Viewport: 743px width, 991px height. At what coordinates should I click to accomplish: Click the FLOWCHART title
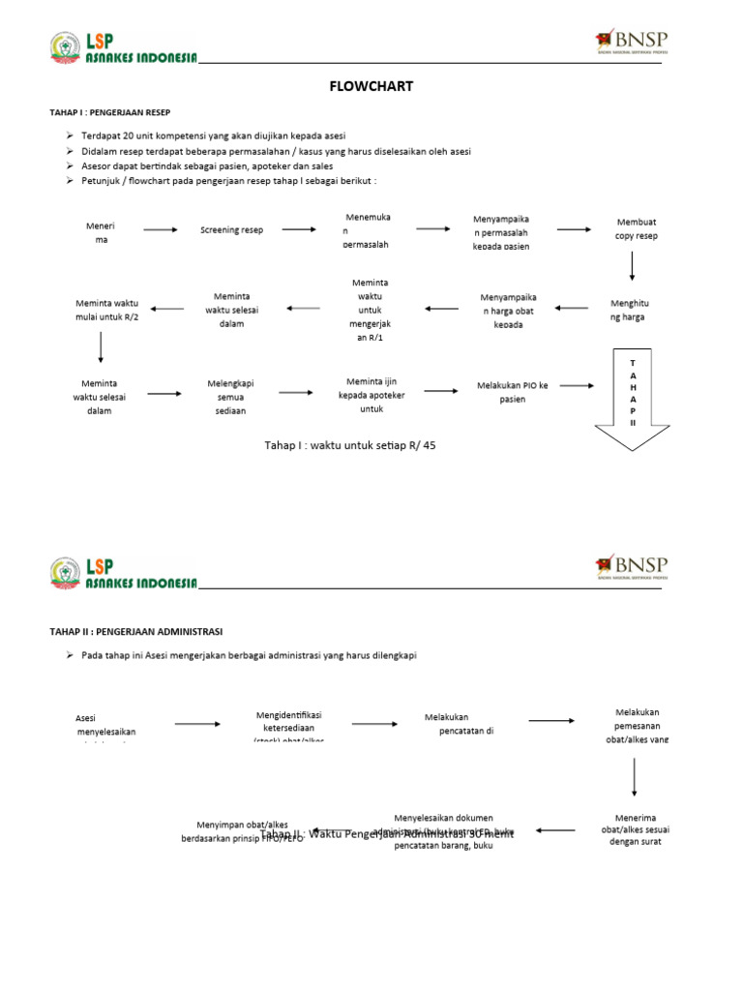tap(371, 86)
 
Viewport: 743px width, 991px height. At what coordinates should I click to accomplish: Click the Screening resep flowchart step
tap(231, 230)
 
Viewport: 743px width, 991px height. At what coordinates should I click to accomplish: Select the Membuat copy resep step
tap(636, 229)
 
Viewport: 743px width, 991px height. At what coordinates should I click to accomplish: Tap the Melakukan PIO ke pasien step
tap(513, 392)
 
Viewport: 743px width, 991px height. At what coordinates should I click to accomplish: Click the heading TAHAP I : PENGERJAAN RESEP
tap(109, 112)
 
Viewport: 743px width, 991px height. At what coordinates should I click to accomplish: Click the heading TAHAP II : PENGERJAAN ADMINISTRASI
tap(135, 631)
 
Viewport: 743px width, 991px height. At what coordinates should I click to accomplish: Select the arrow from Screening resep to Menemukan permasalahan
tap(299, 229)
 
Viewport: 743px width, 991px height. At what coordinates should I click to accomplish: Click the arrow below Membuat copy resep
tap(633, 265)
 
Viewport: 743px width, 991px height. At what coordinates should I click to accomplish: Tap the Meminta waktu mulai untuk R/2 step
tap(106, 310)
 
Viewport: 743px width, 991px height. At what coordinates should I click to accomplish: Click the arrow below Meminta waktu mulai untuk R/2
tap(101, 346)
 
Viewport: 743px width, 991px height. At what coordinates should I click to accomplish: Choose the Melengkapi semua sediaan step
tap(230, 397)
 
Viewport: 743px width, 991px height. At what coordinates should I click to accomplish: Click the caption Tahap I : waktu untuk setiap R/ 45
tap(358, 445)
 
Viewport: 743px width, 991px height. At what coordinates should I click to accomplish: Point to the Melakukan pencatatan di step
tap(459, 724)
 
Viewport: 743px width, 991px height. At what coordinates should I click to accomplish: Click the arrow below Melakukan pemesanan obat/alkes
tap(634, 776)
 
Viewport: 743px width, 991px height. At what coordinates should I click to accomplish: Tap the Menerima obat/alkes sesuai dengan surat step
tap(636, 829)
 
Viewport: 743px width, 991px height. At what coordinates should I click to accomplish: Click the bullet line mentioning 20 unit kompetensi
tap(213, 135)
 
